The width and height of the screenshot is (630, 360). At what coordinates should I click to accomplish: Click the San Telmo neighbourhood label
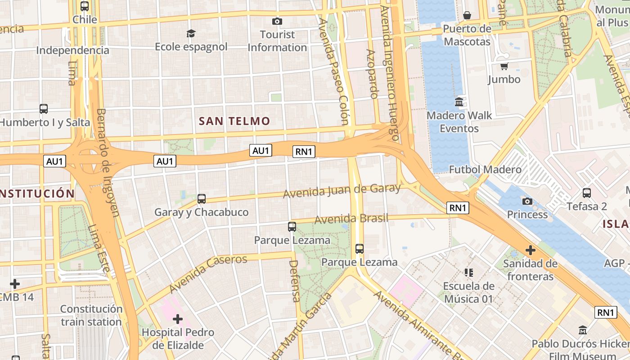(x=234, y=121)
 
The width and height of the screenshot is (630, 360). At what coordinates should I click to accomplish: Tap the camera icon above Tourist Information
(x=277, y=21)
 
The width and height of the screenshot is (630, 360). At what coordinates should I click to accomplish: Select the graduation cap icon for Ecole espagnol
(x=191, y=34)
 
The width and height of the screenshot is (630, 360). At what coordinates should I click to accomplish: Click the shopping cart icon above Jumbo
(x=504, y=67)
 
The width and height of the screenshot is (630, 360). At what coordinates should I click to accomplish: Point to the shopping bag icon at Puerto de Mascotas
(x=467, y=16)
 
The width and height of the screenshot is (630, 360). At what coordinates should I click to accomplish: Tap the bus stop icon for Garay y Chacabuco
(x=202, y=198)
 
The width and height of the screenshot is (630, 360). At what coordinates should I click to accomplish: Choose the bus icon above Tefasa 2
(x=586, y=193)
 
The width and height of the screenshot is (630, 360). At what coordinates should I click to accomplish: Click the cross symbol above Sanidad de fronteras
(x=531, y=250)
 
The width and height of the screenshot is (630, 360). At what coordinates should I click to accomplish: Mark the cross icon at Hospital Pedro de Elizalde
(x=178, y=319)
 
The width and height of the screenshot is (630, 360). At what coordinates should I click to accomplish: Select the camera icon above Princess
(x=527, y=201)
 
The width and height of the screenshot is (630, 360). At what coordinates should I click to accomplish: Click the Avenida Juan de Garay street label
(x=342, y=191)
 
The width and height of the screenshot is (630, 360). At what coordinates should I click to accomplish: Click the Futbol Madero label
(x=485, y=170)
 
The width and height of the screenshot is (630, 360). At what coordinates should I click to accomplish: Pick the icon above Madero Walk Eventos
(x=459, y=102)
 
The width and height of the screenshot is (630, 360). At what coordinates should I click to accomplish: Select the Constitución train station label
(x=91, y=315)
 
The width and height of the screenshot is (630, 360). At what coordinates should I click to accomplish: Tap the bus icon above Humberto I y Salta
(x=44, y=109)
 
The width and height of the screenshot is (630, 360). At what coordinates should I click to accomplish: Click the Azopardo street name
(x=372, y=74)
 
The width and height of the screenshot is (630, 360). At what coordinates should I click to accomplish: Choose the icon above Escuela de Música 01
(x=469, y=273)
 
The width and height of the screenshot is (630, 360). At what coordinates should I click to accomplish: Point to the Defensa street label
(x=294, y=281)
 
